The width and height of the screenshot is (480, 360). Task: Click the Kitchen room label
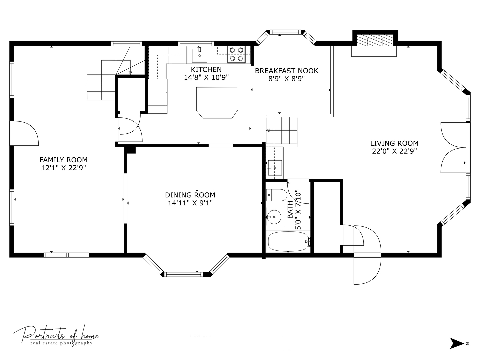(x=206, y=70)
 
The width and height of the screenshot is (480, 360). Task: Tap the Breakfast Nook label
(x=286, y=71)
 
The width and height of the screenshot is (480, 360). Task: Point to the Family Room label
(x=63, y=160)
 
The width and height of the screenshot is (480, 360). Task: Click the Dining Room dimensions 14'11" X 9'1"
(x=190, y=203)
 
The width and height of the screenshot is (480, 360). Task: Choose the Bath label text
(x=290, y=210)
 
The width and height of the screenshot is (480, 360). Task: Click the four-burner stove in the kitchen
(x=236, y=54)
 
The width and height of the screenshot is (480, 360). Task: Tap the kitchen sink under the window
(x=199, y=56)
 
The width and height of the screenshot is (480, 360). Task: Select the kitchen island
(x=217, y=103)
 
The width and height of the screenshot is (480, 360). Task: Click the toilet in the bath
(x=276, y=195)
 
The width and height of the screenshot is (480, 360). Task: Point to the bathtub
(x=288, y=241)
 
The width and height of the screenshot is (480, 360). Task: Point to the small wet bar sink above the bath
(x=275, y=168)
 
